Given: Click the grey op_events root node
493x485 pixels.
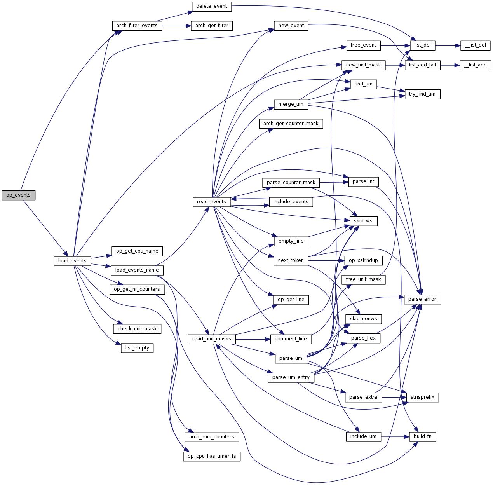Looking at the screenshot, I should tap(18, 195).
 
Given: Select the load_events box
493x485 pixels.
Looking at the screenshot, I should tap(72, 261).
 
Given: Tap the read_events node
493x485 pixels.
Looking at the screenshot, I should tap(211, 202).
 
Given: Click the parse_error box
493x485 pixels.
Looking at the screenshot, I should tap(422, 299).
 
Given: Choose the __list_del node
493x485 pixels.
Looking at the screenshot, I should tap(475, 45).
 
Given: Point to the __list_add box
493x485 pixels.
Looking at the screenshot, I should tap(475, 65).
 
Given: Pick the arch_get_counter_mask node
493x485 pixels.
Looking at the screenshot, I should tap(291, 124).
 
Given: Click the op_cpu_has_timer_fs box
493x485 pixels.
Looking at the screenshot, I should tap(212, 456).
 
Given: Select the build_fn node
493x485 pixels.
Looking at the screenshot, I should tap(422, 436).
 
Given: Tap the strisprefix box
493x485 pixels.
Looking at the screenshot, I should tap(422, 397).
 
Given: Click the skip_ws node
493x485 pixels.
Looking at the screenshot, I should tap(363, 221).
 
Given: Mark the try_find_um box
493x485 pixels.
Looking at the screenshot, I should tap(422, 94).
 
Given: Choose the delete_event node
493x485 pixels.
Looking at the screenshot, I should tap(212, 6).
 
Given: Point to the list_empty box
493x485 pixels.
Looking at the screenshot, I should tap(137, 348).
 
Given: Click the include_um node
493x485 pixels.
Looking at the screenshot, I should tap(363, 436).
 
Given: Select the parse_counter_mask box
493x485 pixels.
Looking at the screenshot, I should tap(291, 183).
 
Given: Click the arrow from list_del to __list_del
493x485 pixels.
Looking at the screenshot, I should tap(448, 45).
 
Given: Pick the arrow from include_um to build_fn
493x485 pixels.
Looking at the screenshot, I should tap(395, 437).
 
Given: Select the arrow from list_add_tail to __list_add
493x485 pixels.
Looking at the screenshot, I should tap(450, 65).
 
